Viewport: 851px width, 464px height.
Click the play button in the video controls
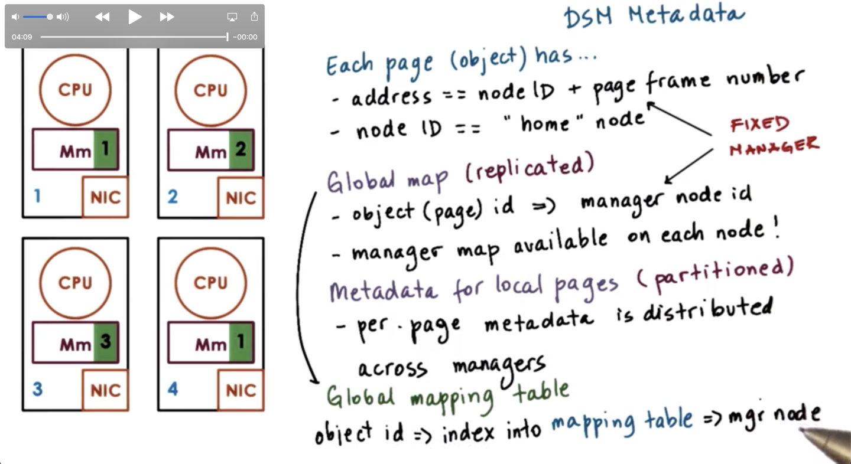tap(135, 17)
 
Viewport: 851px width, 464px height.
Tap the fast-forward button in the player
tap(167, 17)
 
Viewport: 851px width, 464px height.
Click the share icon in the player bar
tap(254, 17)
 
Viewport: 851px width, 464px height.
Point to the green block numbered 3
tap(106, 342)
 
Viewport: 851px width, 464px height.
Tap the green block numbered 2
tap(241, 149)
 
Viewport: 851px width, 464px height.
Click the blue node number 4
tap(173, 389)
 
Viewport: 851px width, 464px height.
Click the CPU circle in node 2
tap(211, 90)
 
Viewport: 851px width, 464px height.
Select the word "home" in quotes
tap(544, 123)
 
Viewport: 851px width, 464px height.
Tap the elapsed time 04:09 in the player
tap(22, 37)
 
